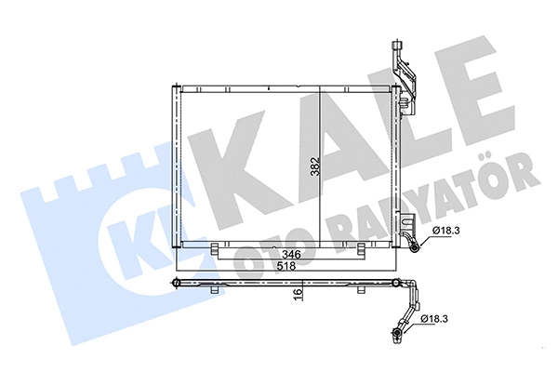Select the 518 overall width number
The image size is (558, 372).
[x=287, y=266]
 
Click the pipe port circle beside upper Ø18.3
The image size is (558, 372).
[x=414, y=246]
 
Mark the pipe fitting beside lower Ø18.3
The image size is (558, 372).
[x=398, y=332]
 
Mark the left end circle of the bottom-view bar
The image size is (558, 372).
[x=176, y=280]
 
